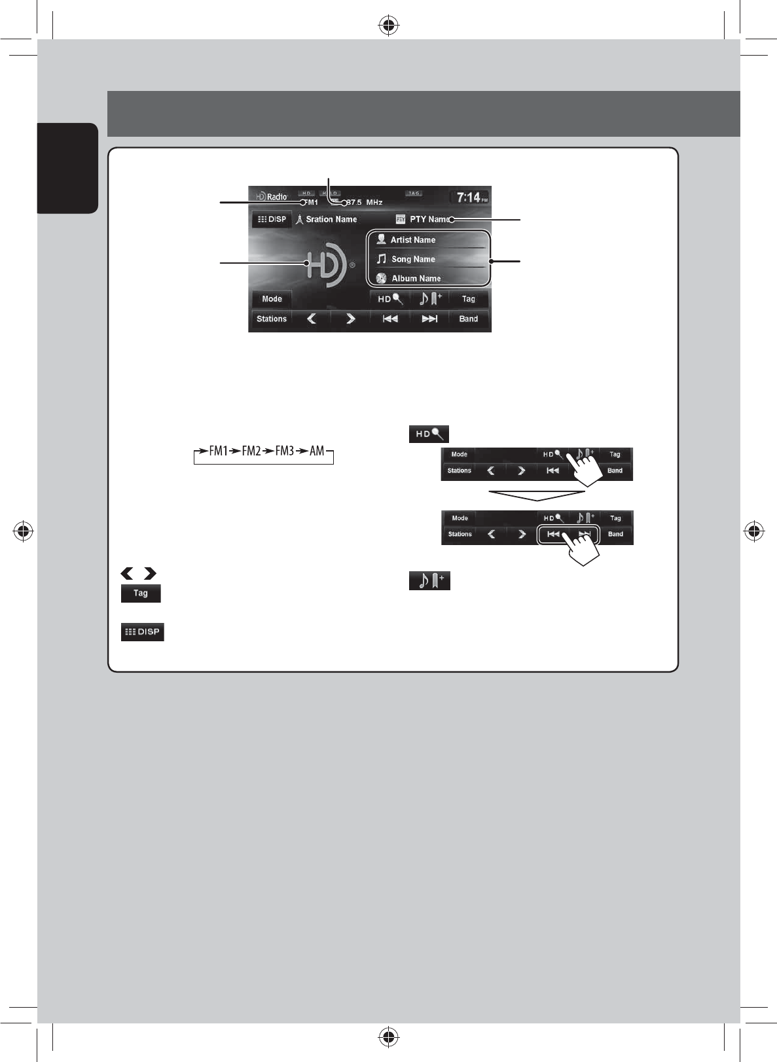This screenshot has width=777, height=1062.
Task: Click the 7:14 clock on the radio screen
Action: pyautogui.click(x=469, y=197)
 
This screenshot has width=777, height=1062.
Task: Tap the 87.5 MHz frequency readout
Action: pyautogui.click(x=365, y=203)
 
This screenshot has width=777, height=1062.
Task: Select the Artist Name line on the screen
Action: pyautogui.click(x=412, y=240)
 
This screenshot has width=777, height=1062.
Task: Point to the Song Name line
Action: pyautogui.click(x=413, y=259)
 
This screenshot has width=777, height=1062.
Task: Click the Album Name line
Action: pyautogui.click(x=416, y=278)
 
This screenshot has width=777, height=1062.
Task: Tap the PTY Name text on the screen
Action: pyautogui.click(x=429, y=219)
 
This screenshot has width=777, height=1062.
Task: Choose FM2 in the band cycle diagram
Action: pyautogui.click(x=251, y=451)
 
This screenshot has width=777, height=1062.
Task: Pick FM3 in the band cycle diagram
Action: pyautogui.click(x=285, y=451)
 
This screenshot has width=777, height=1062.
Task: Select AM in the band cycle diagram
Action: pyautogui.click(x=317, y=451)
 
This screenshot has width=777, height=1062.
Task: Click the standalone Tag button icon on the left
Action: pyautogui.click(x=141, y=593)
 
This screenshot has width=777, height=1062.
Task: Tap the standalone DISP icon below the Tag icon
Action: pyautogui.click(x=143, y=632)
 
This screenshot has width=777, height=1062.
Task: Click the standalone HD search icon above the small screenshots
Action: pyautogui.click(x=429, y=434)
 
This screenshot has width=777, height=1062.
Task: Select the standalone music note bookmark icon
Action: pyautogui.click(x=429, y=580)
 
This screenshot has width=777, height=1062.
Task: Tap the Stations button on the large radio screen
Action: pyautogui.click(x=272, y=319)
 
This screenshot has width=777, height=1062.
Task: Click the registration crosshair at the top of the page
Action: pyautogui.click(x=389, y=26)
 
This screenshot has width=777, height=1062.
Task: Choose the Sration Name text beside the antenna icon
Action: pyautogui.click(x=331, y=219)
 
